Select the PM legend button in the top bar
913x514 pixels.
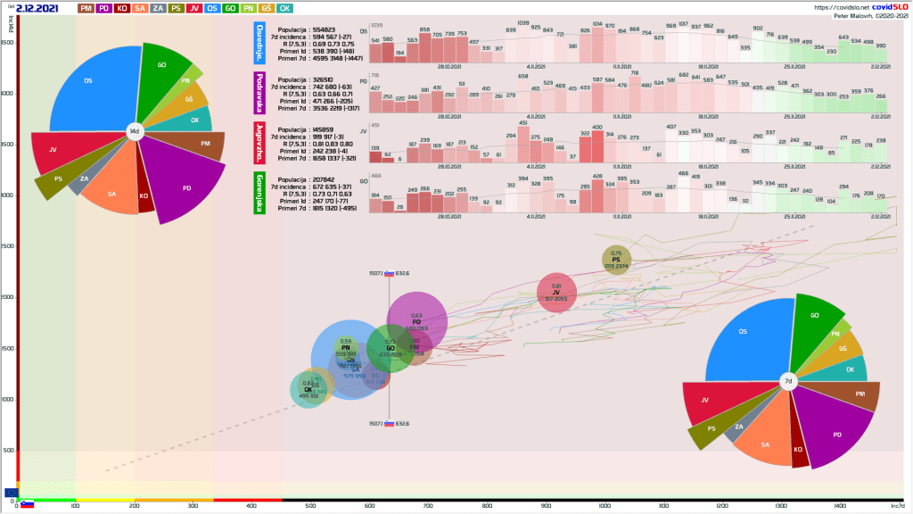[86, 8]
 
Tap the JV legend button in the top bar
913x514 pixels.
[193, 8]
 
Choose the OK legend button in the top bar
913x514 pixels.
[284, 8]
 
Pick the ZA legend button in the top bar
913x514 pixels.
[157, 8]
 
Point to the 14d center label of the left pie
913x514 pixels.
[135, 131]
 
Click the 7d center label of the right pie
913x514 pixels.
[787, 381]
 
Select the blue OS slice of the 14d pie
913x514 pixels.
[89, 89]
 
